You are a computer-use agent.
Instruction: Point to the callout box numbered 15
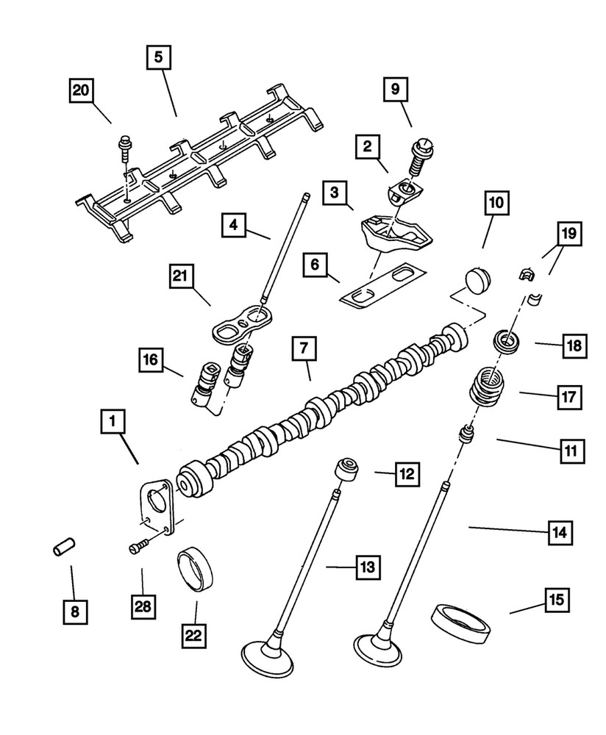[555, 600]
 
